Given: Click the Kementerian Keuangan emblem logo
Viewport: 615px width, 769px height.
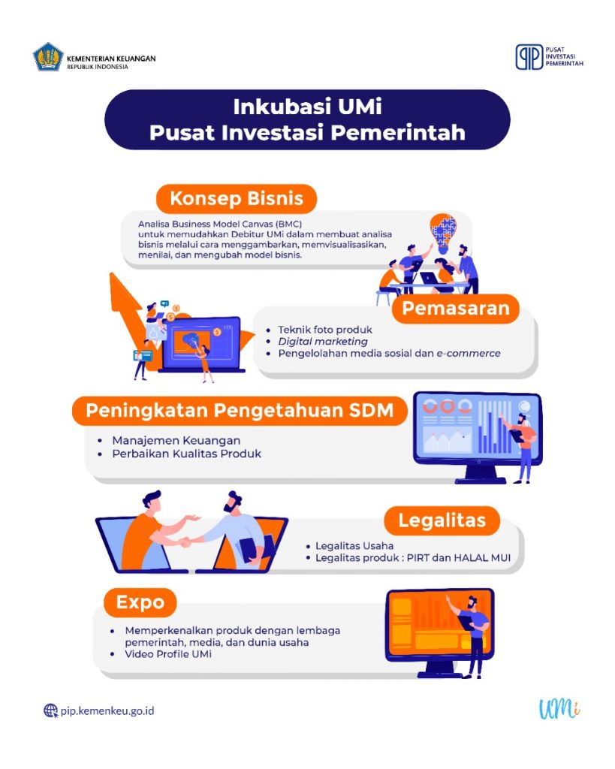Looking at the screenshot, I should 48,58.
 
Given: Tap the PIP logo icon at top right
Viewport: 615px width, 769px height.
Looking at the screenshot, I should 529,57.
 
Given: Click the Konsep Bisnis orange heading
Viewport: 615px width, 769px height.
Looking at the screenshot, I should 236,199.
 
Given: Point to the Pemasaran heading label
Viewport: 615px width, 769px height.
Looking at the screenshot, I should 455,308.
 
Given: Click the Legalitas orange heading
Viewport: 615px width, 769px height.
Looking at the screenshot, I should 442,520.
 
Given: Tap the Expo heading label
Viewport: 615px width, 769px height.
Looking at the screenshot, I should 140,602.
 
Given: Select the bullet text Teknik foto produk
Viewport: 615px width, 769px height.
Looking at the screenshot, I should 325,330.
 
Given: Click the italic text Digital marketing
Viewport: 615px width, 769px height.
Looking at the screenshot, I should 323,342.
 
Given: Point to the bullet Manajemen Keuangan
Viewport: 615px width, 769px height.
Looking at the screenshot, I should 176,441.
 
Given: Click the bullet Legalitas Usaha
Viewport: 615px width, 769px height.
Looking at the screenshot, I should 355,546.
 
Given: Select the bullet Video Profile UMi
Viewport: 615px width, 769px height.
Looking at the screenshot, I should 169,654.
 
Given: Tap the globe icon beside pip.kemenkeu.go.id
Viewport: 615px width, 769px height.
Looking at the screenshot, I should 50,710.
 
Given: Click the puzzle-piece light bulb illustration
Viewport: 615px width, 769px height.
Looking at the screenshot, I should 443,229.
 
